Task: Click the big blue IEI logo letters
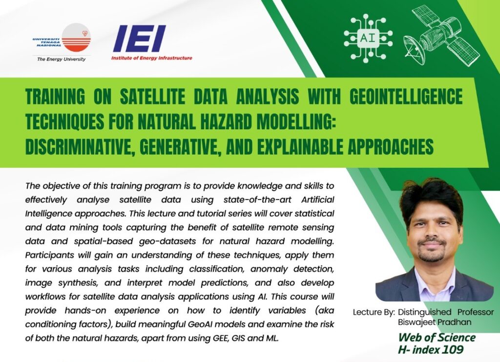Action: [140, 39]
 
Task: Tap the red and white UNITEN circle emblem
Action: [76, 38]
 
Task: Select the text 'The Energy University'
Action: [61, 59]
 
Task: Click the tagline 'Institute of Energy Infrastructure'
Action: [152, 58]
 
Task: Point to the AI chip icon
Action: [368, 38]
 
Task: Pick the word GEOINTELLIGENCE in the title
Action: [406, 96]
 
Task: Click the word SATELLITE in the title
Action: [152, 96]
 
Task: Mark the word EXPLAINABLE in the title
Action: [300, 146]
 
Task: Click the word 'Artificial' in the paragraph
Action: [317, 200]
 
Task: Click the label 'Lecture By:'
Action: [374, 312]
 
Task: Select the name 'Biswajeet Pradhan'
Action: [434, 322]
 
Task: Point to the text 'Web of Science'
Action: [437, 338]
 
